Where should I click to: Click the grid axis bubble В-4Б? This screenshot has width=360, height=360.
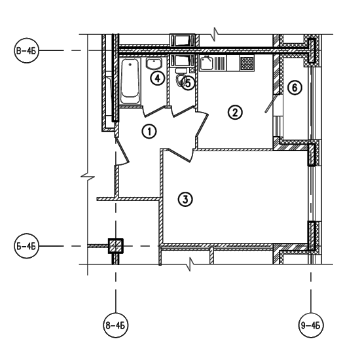[26, 50]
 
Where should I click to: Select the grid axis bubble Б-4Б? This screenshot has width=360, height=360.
[26, 246]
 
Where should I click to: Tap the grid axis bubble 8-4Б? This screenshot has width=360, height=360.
[115, 325]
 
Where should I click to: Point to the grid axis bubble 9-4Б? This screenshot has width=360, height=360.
[311, 325]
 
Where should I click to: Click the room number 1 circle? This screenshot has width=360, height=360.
[149, 132]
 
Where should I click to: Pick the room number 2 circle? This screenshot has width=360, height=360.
[235, 113]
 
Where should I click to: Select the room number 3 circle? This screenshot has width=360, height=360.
[185, 199]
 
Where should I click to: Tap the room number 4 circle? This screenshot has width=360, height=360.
[158, 79]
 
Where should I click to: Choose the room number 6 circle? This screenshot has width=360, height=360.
[295, 88]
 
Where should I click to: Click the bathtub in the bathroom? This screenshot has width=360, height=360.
[130, 81]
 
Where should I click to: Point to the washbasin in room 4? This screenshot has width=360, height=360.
[154, 63]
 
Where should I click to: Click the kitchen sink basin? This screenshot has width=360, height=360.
[207, 63]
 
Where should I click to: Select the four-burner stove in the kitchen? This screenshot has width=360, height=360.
[247, 63]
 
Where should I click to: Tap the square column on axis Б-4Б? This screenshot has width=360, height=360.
[116, 246]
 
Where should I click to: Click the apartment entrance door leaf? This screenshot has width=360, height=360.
[122, 150]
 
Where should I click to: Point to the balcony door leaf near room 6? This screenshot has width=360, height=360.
[271, 104]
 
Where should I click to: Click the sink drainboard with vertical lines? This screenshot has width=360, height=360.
[220, 63]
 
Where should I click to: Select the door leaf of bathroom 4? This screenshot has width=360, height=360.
[154, 111]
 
